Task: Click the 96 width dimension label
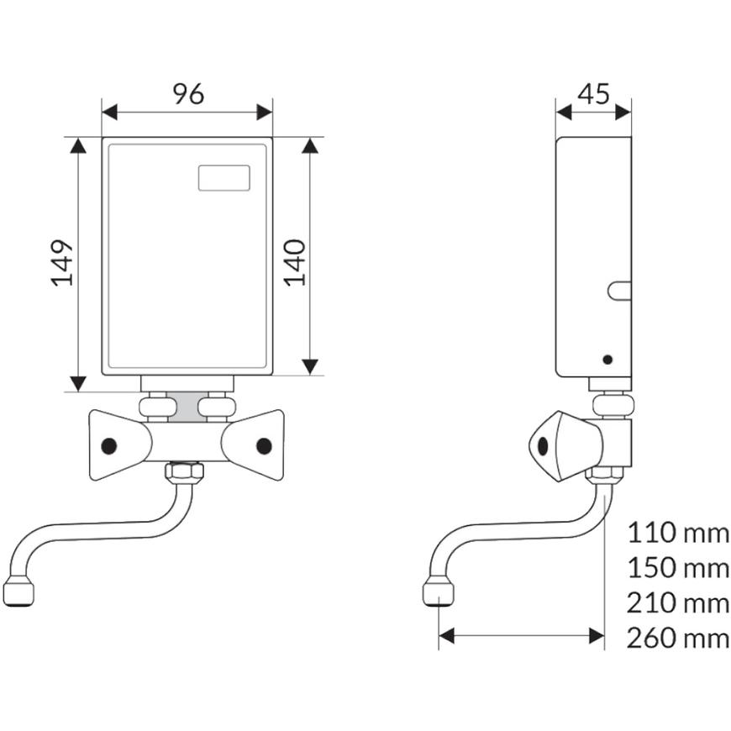point(188,94)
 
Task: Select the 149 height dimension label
point(64,263)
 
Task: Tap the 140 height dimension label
point(295,261)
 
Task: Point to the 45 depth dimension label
point(593,93)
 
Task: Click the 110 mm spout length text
point(678,532)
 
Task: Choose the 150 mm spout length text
point(678,567)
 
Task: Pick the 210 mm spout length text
point(678,602)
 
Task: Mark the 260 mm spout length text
point(678,638)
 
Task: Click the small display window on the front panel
point(224,177)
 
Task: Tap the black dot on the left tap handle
point(108,445)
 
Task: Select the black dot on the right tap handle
point(264,445)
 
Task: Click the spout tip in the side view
point(438,592)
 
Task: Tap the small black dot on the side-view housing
point(607,360)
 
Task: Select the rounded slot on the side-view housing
point(620,291)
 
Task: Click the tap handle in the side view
point(555,444)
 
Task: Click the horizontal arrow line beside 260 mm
point(521,637)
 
